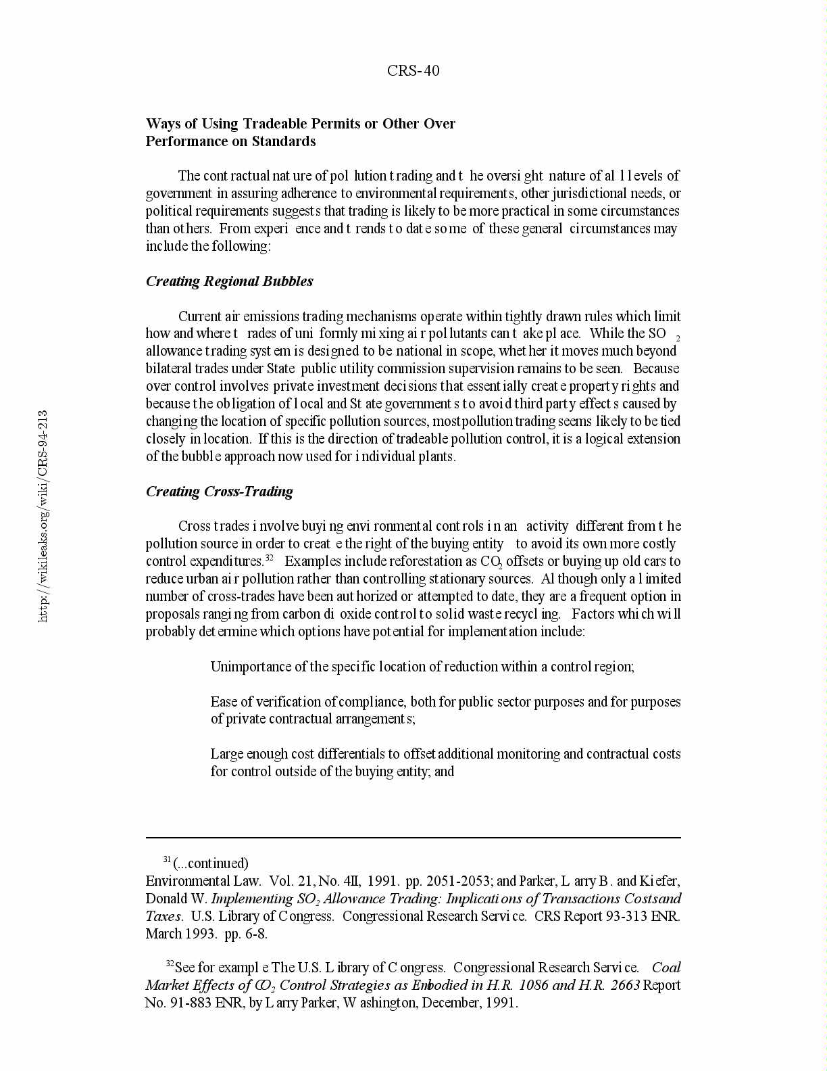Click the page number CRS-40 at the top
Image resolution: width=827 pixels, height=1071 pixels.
(x=413, y=71)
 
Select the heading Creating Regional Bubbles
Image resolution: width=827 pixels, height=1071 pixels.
(x=229, y=281)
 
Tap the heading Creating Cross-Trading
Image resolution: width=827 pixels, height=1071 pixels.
(x=219, y=492)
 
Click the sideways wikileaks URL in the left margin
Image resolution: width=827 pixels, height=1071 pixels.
(x=43, y=515)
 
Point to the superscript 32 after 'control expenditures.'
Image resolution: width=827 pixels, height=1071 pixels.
(x=269, y=558)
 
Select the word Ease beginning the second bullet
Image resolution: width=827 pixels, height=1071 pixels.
(x=222, y=702)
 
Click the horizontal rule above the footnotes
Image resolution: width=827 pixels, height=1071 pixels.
(x=413, y=838)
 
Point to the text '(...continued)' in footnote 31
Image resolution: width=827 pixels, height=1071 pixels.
(x=211, y=863)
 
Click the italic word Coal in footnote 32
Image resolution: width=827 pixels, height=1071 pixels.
(x=666, y=968)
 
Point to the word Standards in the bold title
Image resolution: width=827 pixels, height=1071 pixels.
(x=284, y=141)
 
